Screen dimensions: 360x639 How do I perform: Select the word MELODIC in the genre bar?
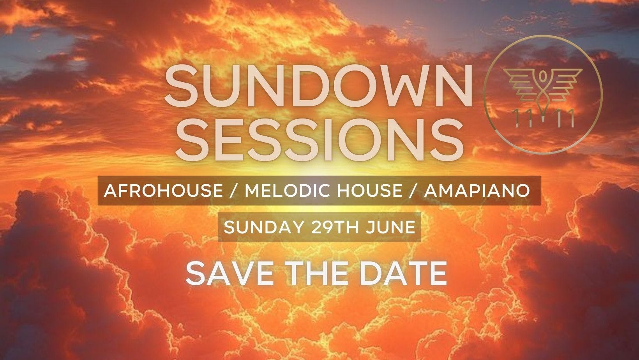[275, 191]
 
